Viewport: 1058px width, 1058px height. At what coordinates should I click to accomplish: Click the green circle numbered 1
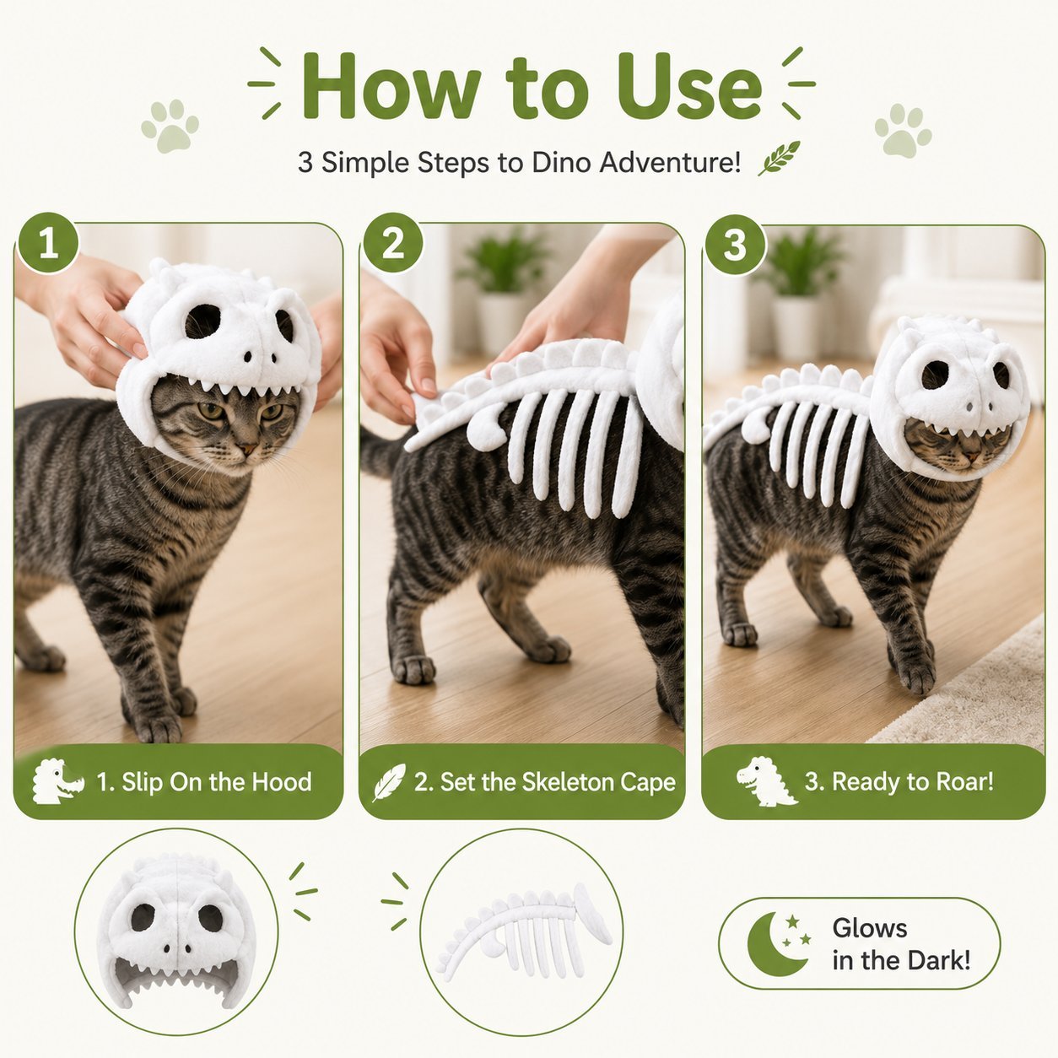coord(48,243)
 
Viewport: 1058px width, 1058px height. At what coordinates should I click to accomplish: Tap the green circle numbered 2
coord(392,243)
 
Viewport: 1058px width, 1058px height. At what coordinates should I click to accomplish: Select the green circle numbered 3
coord(735,245)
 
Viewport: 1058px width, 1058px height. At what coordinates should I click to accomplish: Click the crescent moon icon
coord(776,943)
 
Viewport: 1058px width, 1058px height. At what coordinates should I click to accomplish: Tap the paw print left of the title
coord(170,126)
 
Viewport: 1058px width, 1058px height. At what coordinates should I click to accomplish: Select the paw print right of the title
coord(903,131)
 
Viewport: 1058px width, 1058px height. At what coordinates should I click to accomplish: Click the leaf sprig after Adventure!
coord(779,158)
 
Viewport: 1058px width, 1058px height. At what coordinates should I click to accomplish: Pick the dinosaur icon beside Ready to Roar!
coord(764,781)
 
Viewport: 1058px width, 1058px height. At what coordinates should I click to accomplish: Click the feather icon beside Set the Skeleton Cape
coord(389,782)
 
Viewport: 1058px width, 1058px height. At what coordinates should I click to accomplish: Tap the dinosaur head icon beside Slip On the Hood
coord(57,780)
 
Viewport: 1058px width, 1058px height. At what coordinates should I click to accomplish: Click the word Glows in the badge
coord(870,928)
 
